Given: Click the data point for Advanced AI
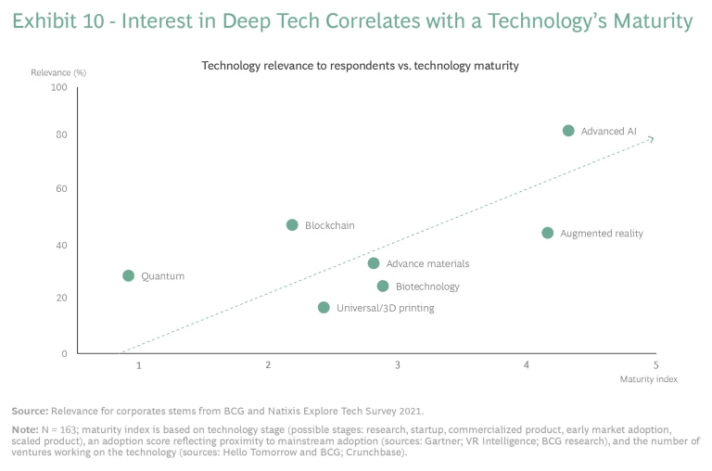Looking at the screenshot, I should tap(568, 131).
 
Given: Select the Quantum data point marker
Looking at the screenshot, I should tap(128, 275).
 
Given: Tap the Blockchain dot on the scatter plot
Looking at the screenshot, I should tap(292, 224).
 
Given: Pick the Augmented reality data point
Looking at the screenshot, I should tap(547, 233).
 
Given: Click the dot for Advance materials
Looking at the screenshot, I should tap(373, 263).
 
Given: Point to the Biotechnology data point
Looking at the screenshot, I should tap(383, 286).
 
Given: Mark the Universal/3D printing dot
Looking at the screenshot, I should tap(324, 307).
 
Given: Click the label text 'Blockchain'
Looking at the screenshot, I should tap(329, 225).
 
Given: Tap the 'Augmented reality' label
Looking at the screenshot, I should tap(601, 234).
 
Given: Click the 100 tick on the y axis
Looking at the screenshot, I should tap(59, 87).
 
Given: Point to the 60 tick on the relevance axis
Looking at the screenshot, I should tap(62, 188).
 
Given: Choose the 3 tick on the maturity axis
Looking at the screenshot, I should tap(397, 365).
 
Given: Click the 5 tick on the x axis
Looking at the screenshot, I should tap(655, 365).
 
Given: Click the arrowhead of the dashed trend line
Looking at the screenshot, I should tap(652, 139).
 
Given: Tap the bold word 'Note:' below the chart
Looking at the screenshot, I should tap(23, 431).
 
